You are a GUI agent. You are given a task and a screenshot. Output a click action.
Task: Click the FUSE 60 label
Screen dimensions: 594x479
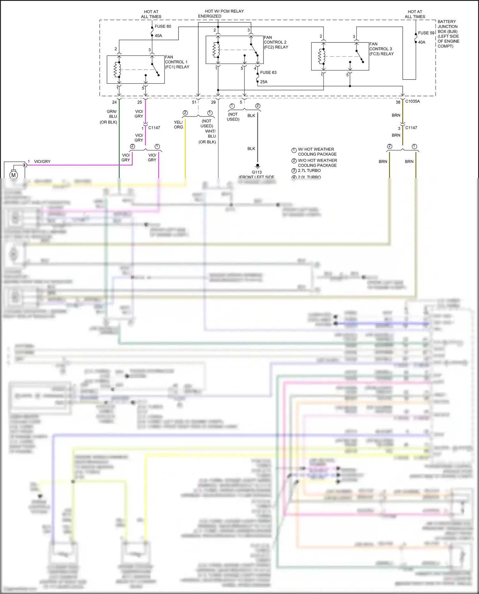click(x=163, y=26)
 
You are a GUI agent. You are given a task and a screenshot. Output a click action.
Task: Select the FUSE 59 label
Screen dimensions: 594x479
click(x=426, y=33)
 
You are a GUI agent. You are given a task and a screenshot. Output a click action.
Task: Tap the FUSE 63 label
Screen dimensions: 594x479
click(x=268, y=72)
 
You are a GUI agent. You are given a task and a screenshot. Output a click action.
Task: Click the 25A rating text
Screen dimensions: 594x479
click(x=264, y=82)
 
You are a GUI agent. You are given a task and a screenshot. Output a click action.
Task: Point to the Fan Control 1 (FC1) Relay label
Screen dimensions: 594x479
click(x=177, y=62)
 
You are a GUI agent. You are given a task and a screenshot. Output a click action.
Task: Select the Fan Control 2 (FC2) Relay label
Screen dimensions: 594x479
click(x=276, y=42)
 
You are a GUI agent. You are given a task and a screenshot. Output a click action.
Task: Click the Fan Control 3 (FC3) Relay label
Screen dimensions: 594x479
click(x=381, y=49)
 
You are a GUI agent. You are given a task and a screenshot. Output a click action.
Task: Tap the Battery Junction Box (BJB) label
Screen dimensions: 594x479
click(x=448, y=34)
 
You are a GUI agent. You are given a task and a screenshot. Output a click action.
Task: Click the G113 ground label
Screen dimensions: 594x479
click(x=257, y=172)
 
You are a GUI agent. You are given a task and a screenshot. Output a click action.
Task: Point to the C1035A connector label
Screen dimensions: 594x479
click(x=413, y=101)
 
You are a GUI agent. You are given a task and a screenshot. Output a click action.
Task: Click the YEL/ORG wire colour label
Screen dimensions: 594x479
click(x=178, y=124)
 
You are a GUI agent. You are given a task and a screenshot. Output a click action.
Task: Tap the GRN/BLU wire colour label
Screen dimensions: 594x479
click(x=112, y=114)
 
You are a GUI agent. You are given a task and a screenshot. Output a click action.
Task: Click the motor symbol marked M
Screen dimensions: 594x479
click(x=13, y=175)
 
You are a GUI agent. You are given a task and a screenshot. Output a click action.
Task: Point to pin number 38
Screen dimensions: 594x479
click(x=398, y=102)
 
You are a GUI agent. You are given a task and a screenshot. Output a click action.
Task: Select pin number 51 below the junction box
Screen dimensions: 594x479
click(x=194, y=102)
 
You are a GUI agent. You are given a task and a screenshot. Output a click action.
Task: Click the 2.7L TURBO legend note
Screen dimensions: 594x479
click(x=309, y=170)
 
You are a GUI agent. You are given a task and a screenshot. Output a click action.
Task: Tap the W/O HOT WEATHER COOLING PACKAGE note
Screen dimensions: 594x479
click(x=317, y=163)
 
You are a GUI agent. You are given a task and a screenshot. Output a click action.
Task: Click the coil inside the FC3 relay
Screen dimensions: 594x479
click(x=321, y=56)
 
